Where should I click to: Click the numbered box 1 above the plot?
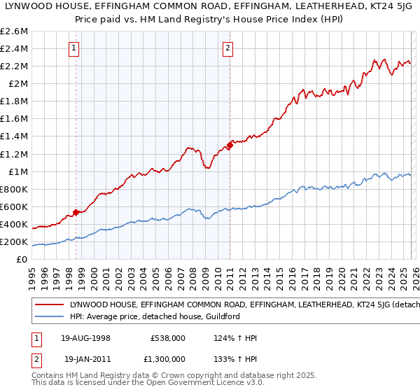75,48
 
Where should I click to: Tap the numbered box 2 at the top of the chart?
228,48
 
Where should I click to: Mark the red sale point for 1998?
76,212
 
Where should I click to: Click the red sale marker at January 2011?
230,146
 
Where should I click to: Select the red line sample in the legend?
50,305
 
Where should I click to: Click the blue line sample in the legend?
50,316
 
